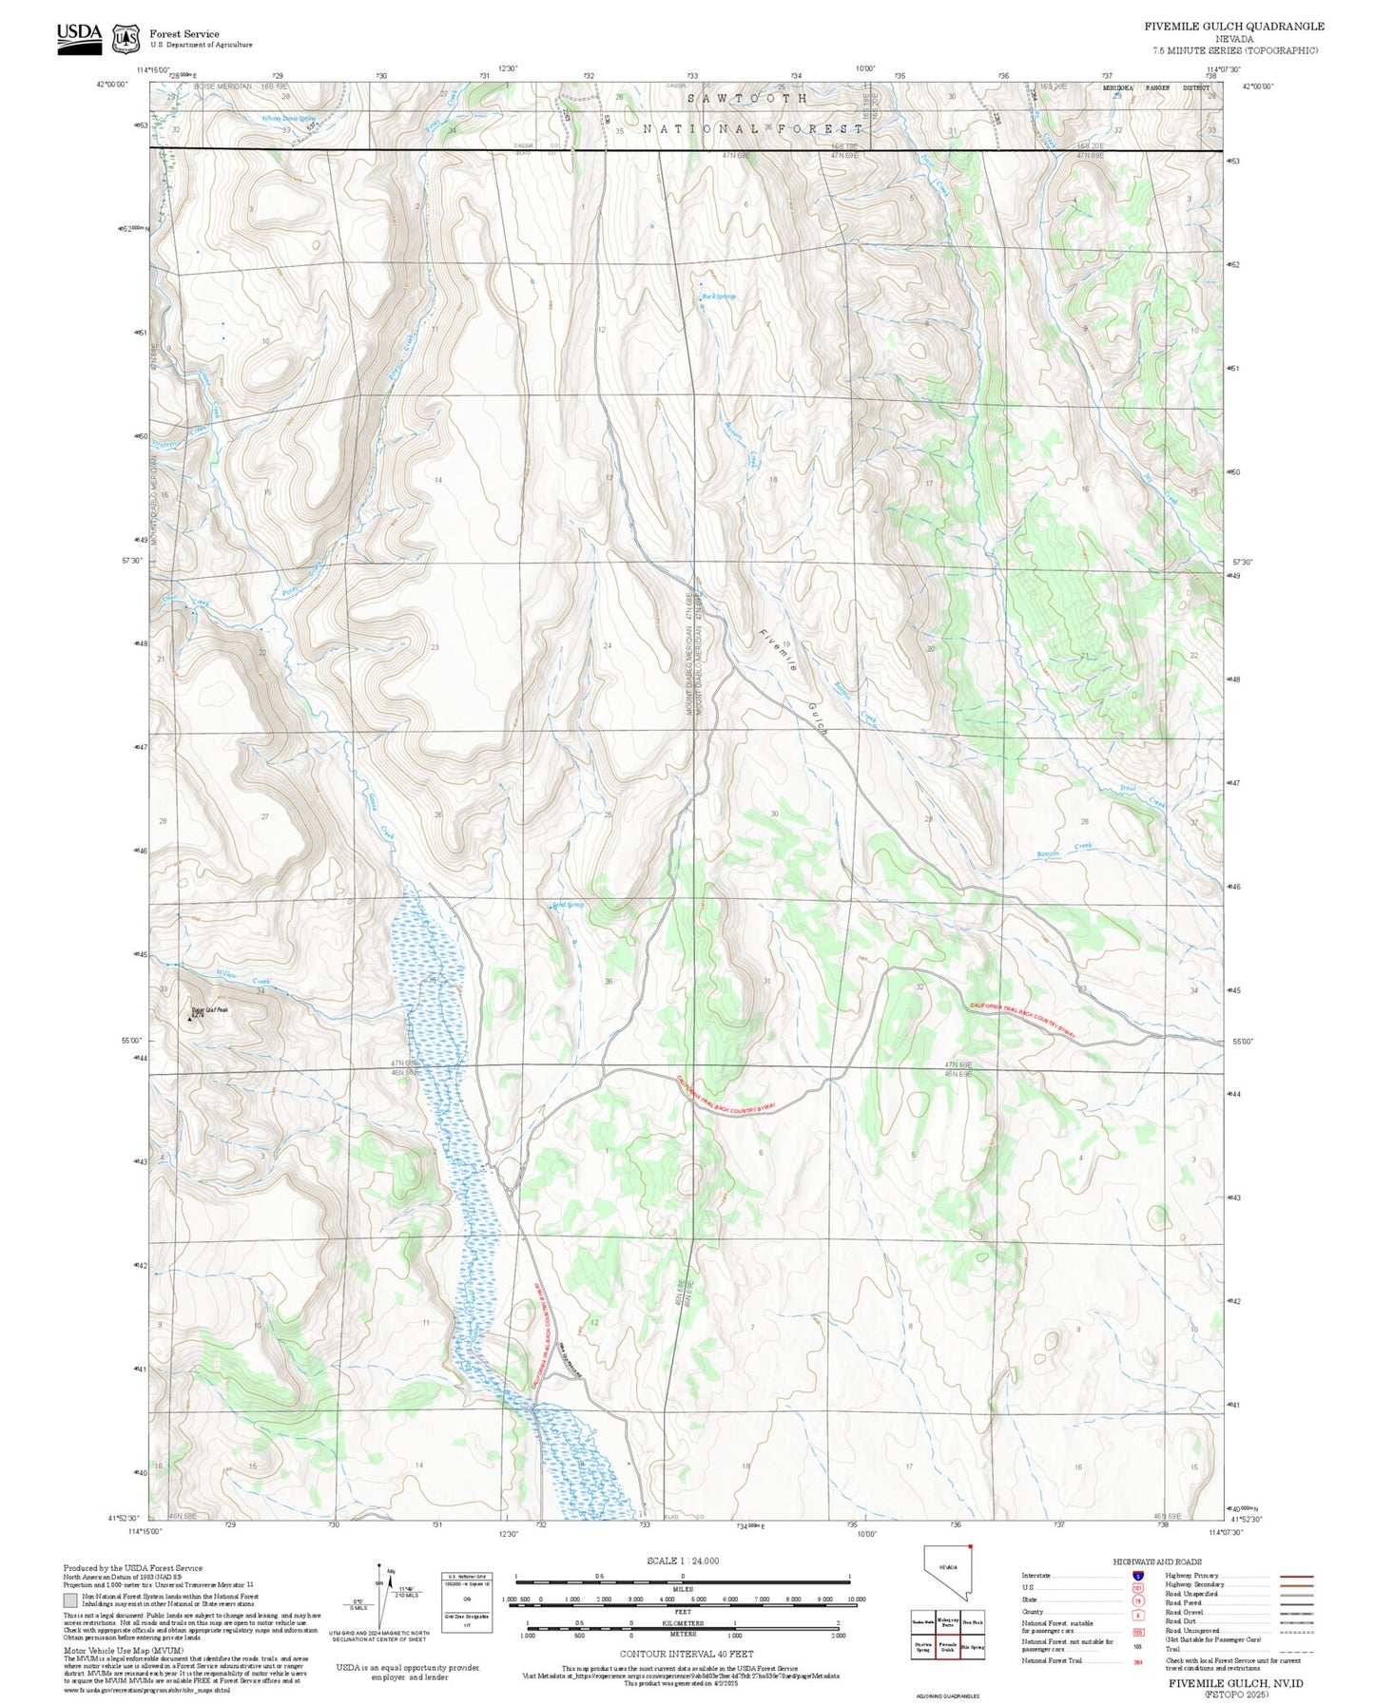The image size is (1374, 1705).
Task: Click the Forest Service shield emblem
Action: (125, 39)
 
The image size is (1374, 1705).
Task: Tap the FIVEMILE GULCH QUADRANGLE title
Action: (1233, 27)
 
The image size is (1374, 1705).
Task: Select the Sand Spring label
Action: (568, 905)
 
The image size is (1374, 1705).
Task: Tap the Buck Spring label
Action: (718, 297)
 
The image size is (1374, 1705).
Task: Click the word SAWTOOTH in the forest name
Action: (748, 99)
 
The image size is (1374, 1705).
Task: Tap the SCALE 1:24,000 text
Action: (682, 1561)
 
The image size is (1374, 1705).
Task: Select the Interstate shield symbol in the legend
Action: (1137, 1576)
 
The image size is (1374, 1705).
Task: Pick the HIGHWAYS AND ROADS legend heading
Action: (1156, 1561)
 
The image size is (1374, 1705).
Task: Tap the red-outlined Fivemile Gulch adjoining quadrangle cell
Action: (947, 1647)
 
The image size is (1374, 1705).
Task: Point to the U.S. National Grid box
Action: (467, 1601)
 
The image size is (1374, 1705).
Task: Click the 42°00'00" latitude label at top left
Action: (112, 85)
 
